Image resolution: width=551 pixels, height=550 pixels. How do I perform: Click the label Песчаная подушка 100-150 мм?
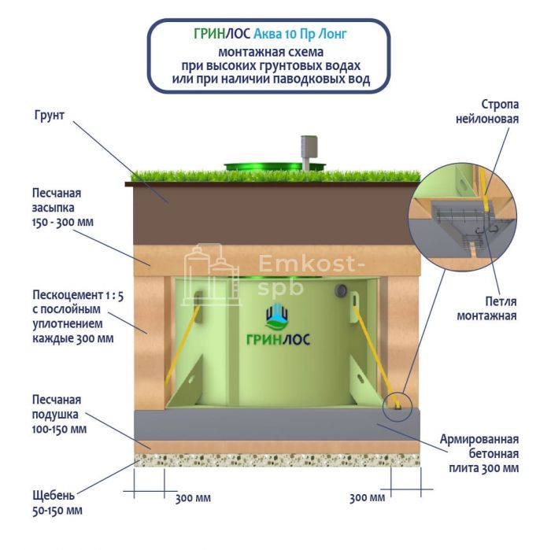click(x=59, y=414)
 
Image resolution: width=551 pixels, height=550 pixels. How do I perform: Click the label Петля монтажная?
click(x=494, y=309)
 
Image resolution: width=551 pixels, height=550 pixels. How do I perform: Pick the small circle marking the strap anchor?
click(x=398, y=406)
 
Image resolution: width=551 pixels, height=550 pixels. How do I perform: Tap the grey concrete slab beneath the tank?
click(x=275, y=425)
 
